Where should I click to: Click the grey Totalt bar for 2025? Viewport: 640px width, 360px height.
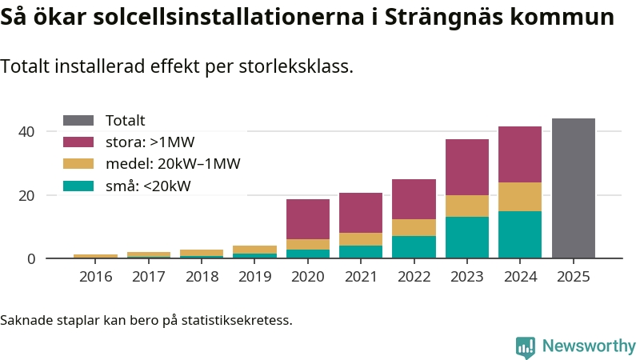coord(573,188)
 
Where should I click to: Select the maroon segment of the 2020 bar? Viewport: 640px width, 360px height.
coord(308,219)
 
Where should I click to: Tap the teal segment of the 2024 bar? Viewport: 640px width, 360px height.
coord(520,234)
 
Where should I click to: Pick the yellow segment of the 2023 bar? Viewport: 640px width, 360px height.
coord(467,206)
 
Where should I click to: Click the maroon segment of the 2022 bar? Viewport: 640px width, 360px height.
coord(414,199)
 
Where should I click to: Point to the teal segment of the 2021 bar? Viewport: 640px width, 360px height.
coord(361,251)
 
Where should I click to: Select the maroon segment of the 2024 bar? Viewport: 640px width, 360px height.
coord(520,154)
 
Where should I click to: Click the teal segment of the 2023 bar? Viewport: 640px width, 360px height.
coord(467,238)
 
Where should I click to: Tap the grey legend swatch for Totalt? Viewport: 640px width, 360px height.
coord(78,121)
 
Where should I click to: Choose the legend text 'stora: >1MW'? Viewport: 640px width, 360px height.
coord(150,142)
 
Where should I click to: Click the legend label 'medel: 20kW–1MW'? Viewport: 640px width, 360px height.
coord(173,164)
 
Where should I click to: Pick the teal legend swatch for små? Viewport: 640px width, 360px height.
coord(78,186)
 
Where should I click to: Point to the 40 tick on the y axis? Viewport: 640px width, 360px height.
coord(27,131)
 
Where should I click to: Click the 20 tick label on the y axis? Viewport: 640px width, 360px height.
coord(27,195)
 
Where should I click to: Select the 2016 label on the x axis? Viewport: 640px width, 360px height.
coord(95,277)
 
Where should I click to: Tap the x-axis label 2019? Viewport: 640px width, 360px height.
coord(254,277)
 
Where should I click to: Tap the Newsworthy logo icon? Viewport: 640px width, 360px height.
coord(526,346)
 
